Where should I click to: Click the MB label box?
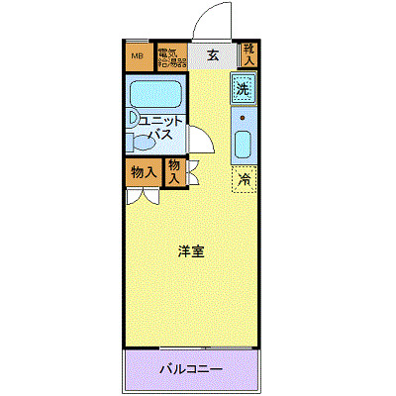[139, 55]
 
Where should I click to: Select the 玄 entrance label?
[212, 55]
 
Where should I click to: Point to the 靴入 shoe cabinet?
[248, 55]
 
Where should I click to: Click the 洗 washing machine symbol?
[244, 88]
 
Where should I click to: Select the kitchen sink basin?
[244, 146]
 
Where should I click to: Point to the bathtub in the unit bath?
[154, 96]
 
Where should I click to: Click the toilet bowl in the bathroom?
[141, 143]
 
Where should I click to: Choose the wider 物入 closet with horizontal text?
[144, 172]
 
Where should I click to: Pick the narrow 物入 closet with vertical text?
[174, 172]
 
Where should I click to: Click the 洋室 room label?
[191, 251]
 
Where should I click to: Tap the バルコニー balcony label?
[191, 369]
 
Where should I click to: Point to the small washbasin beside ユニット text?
[134, 120]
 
